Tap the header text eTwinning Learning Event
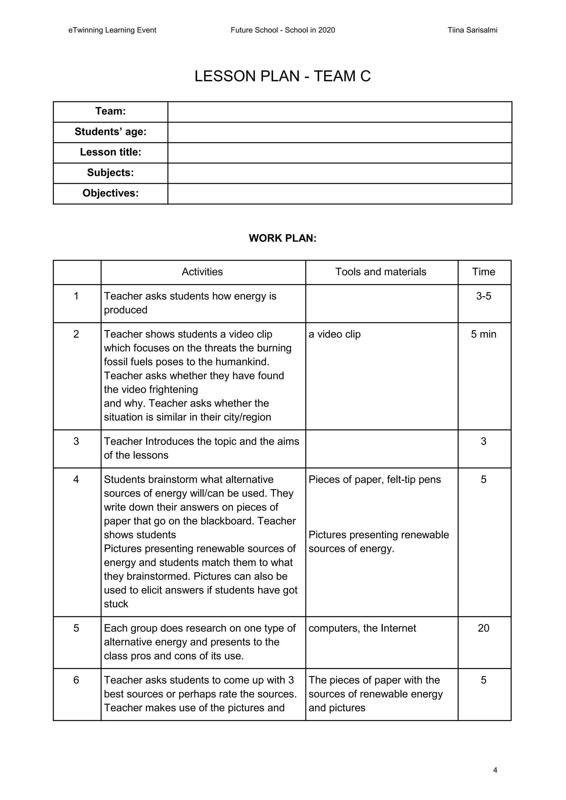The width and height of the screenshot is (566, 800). [112, 30]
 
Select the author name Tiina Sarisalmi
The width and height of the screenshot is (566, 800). [472, 30]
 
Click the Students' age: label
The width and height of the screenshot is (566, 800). [111, 132]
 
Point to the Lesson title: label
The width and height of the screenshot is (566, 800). [111, 152]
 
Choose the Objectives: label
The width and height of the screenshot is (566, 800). [111, 193]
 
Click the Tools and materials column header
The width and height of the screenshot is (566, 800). [381, 272]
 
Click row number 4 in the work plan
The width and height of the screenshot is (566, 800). [76, 480]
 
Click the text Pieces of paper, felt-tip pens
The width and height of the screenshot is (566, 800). [375, 480]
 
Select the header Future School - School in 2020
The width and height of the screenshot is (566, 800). [283, 30]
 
